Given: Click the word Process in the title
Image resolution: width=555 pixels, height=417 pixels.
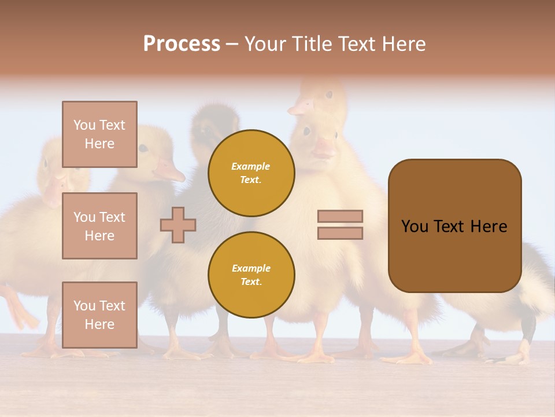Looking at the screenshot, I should tap(182, 43).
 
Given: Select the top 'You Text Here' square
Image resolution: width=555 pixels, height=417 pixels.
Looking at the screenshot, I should tap(99, 134).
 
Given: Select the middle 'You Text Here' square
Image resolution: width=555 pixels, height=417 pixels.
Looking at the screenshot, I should tap(99, 226).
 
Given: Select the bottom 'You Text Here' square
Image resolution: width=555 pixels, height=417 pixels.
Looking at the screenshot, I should tap(99, 314).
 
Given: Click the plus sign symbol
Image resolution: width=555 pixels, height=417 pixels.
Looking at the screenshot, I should tap(178, 225).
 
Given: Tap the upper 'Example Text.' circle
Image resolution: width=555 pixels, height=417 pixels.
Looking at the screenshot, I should tap(251, 173).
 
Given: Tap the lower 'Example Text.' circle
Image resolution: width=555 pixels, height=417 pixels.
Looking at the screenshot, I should tap(251, 275).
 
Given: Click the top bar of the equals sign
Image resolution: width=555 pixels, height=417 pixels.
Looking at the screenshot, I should tap(340, 216).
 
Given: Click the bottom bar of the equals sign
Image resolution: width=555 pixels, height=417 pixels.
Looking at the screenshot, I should tap(340, 233).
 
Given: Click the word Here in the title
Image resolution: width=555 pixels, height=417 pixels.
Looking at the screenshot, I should tap(404, 44).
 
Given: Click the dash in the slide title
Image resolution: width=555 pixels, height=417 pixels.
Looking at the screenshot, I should tap(232, 44).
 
